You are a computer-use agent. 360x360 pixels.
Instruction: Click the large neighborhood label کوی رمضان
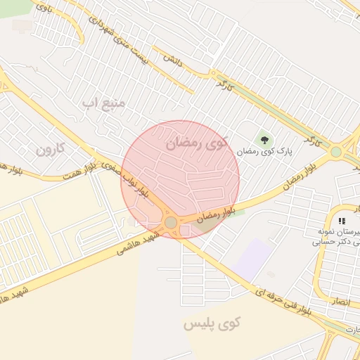pos(197,143)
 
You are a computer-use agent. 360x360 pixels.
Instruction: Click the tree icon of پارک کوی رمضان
pos(264,139)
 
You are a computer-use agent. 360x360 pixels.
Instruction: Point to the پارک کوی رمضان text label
pos(264,151)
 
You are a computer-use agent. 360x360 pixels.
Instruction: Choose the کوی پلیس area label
pos(212,324)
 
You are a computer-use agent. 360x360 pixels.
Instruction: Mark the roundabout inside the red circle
pos(171,223)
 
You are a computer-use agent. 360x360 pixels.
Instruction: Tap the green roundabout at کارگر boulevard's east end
pos(336,150)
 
